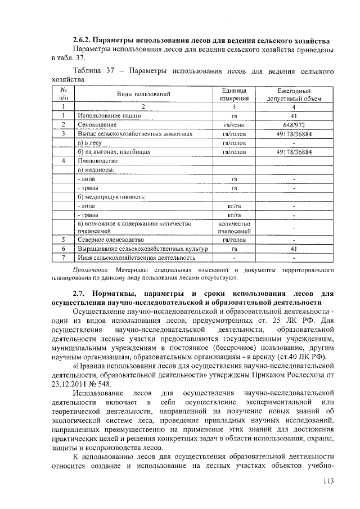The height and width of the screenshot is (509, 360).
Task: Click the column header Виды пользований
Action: point(143,94)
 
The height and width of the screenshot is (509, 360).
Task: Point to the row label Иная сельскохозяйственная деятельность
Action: point(137,258)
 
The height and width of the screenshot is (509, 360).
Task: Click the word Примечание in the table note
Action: point(92,271)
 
